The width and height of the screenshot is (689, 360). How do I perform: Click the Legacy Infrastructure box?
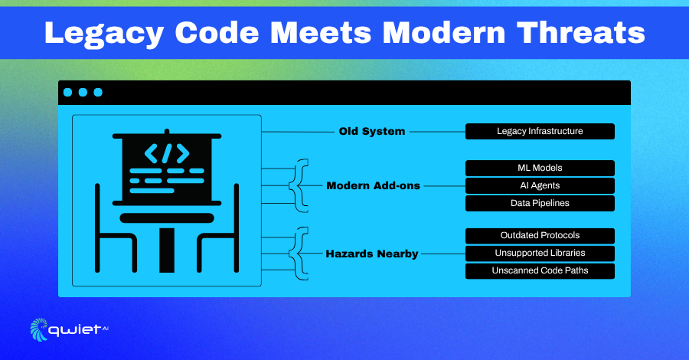(x=540, y=132)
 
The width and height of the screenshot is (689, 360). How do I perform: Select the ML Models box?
(x=540, y=168)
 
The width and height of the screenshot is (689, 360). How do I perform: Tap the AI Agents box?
(x=540, y=185)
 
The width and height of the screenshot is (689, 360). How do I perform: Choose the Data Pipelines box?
(x=540, y=203)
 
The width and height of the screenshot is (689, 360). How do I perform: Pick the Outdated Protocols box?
(x=540, y=236)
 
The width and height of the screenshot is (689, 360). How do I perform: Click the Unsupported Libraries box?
(x=540, y=254)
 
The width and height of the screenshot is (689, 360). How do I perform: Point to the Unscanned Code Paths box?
(x=540, y=271)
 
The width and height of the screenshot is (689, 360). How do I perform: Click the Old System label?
(x=372, y=132)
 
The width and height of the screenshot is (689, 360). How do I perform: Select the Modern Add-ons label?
(x=373, y=185)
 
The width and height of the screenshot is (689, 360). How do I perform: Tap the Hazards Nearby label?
(x=372, y=254)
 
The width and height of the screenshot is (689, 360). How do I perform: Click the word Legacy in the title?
(x=105, y=34)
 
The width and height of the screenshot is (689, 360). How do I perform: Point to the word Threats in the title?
(x=581, y=32)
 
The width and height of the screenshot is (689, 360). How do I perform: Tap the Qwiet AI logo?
(x=69, y=329)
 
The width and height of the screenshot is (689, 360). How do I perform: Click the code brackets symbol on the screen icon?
(x=167, y=153)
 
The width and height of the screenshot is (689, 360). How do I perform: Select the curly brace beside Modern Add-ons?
(x=299, y=185)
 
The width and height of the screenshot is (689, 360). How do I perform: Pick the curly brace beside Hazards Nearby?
(x=299, y=254)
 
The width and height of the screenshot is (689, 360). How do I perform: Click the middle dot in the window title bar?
(x=83, y=93)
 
